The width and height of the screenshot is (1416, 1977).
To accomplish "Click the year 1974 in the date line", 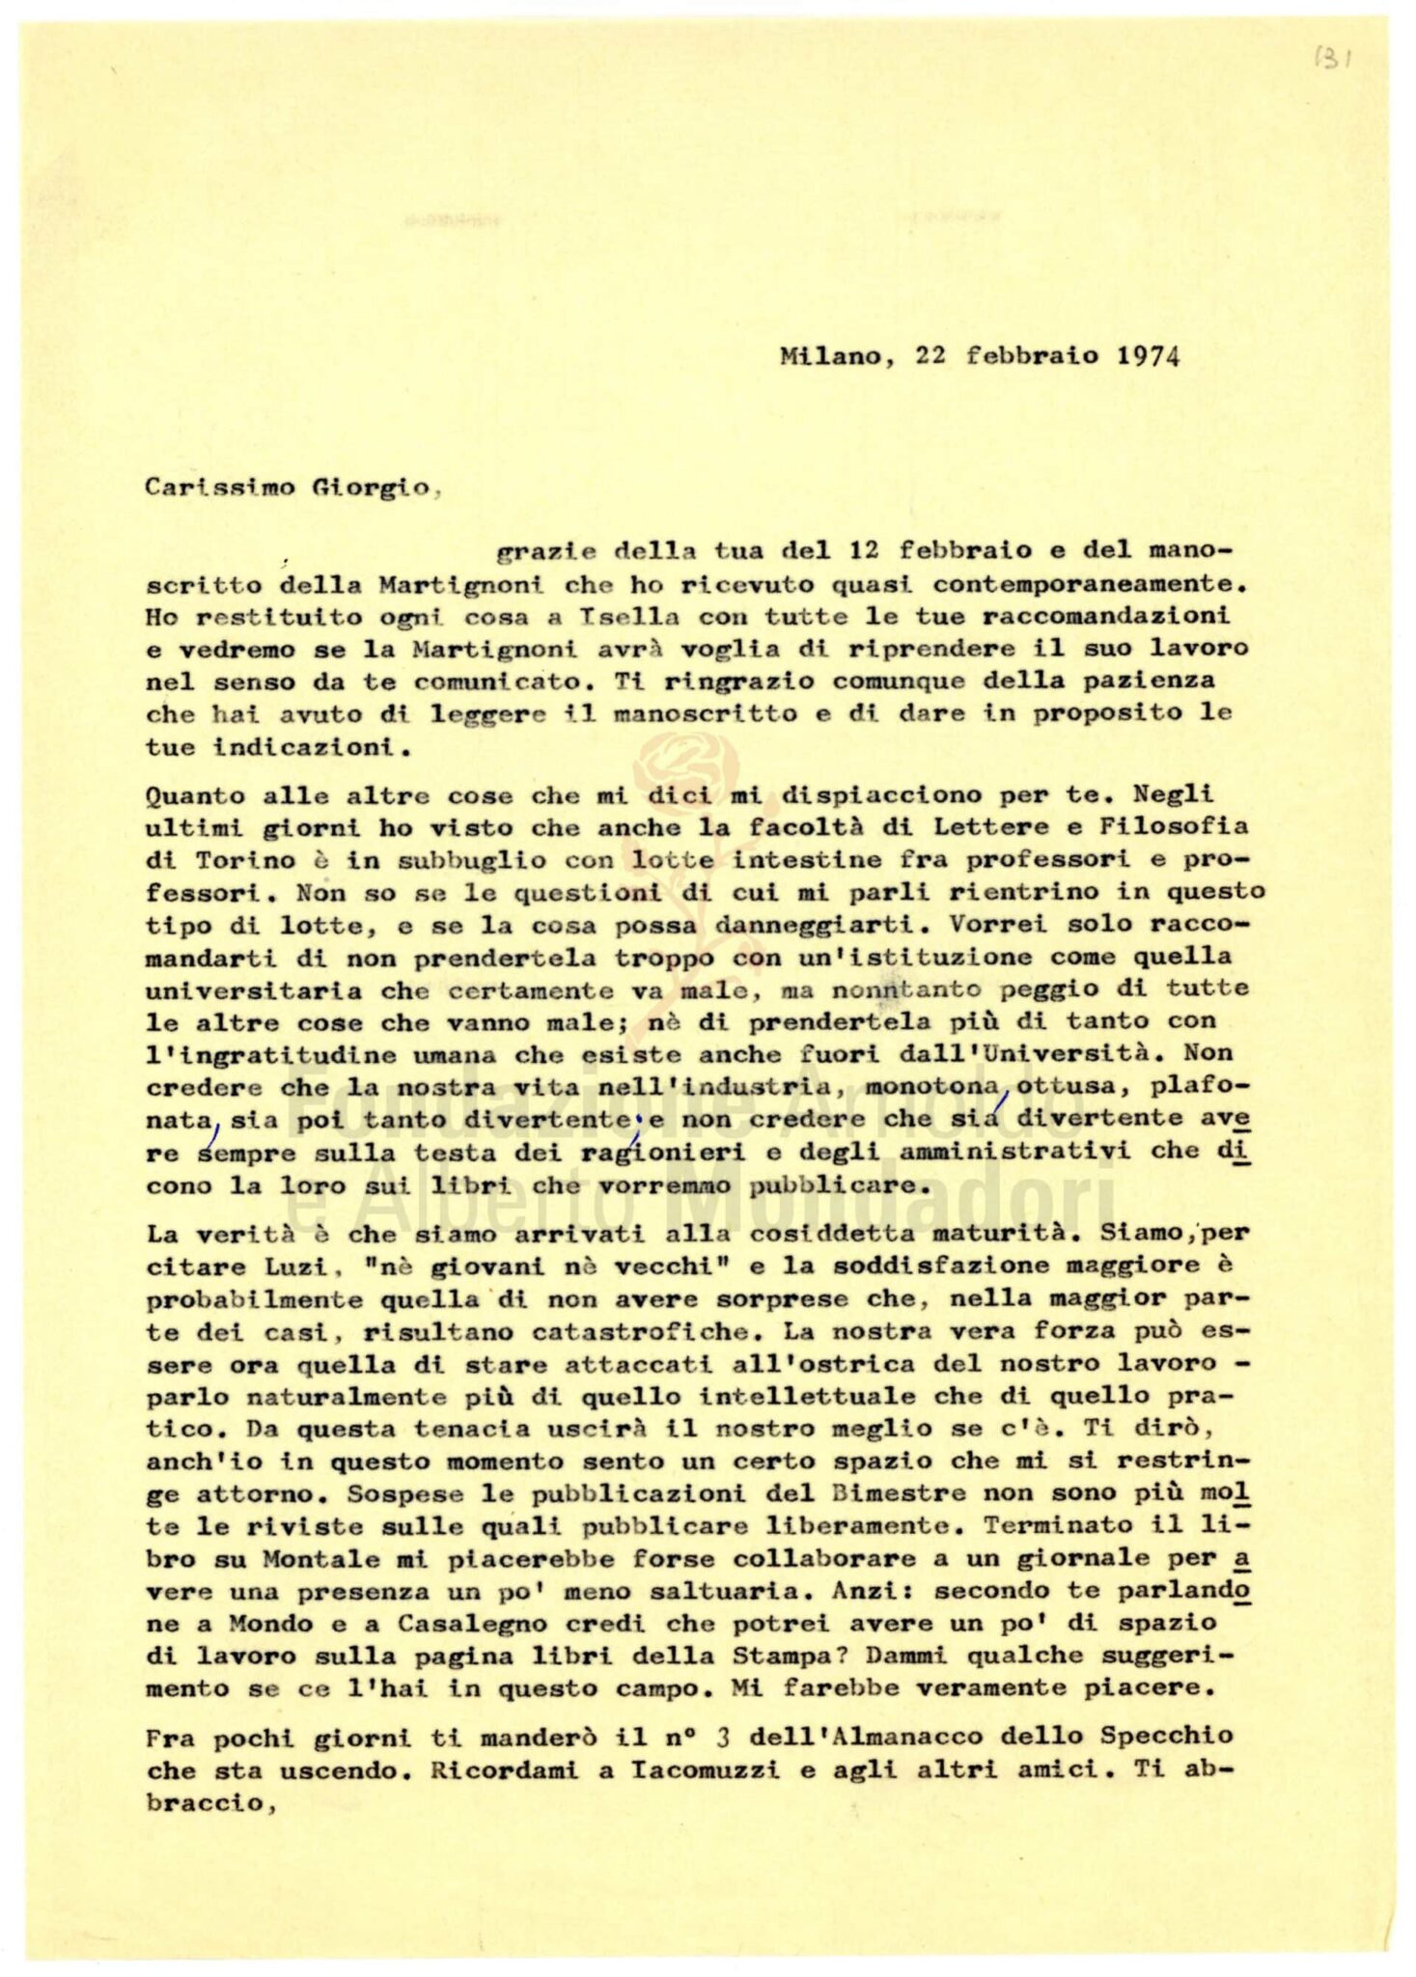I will coord(1148,356).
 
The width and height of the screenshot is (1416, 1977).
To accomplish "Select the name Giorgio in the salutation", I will coord(371,487).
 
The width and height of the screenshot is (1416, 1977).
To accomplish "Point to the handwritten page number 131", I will coord(1333,58).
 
